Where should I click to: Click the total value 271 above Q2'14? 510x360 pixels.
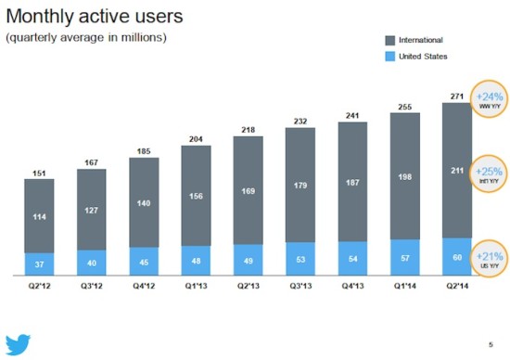[x=456, y=96]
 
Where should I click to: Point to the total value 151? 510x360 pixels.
[x=39, y=172]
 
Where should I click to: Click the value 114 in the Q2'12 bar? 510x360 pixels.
[x=39, y=217]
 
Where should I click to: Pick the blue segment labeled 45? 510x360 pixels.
[x=144, y=262]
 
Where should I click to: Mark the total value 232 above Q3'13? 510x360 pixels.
[x=300, y=121]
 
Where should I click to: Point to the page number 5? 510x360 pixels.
[x=491, y=345]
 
